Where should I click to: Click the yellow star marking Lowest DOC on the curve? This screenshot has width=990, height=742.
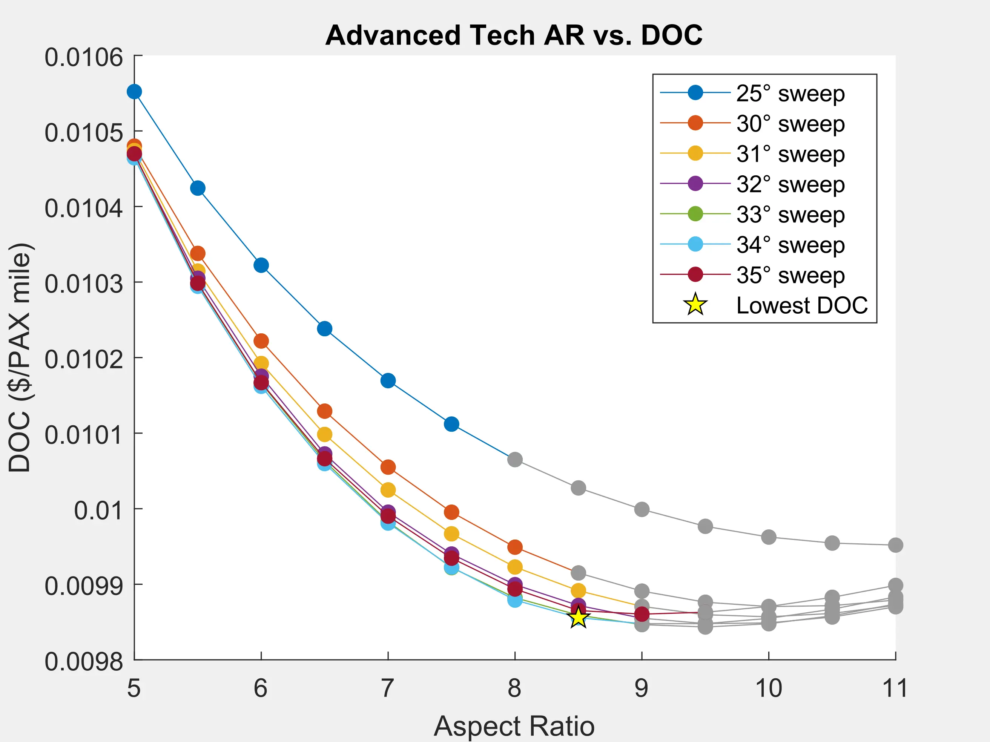[x=578, y=618]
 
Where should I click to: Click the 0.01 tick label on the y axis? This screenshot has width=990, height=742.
[x=98, y=510]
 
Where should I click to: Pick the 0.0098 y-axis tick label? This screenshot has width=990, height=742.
[x=84, y=661]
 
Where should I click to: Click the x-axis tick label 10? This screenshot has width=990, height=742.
[x=769, y=688]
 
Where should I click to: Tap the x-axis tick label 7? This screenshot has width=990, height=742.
[x=388, y=688]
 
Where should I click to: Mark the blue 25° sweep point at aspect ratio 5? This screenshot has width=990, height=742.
[x=134, y=92]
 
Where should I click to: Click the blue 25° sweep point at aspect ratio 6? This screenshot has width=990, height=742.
[x=261, y=265]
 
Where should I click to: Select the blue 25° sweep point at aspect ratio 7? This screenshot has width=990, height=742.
[x=388, y=381]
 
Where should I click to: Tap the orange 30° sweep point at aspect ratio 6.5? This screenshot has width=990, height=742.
[x=324, y=411]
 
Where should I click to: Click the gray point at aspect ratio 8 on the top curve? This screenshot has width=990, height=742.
[x=515, y=459]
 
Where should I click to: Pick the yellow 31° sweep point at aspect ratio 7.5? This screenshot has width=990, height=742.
[x=451, y=534]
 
